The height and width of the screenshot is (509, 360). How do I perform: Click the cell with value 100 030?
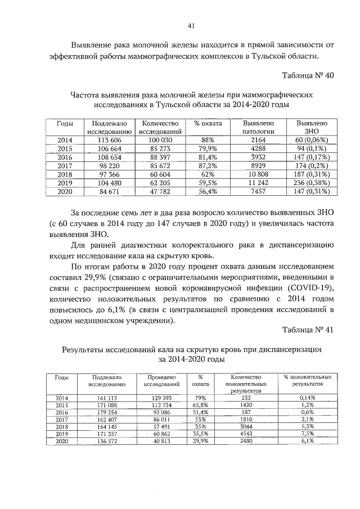160,140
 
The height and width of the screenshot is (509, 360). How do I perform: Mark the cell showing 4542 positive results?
244,434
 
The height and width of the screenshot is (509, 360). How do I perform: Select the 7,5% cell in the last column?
307,434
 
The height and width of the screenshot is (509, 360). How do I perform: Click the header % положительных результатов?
307,381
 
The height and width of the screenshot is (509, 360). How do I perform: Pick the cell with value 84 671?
106,192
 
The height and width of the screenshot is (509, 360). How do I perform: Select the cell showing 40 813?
161,442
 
